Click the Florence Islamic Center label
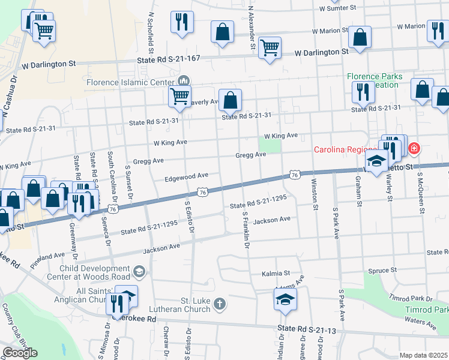pyautogui.click(x=131, y=82)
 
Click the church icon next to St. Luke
pyautogui.click(x=220, y=304)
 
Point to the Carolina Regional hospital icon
pyautogui.click(x=413, y=148)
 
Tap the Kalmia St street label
pyautogui.click(x=276, y=274)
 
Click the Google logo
pyautogui.click(x=20, y=353)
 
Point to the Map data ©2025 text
pyautogui.click(x=424, y=355)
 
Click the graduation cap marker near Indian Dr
pyautogui.click(x=286, y=299)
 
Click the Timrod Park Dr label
pyautogui.click(x=411, y=298)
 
